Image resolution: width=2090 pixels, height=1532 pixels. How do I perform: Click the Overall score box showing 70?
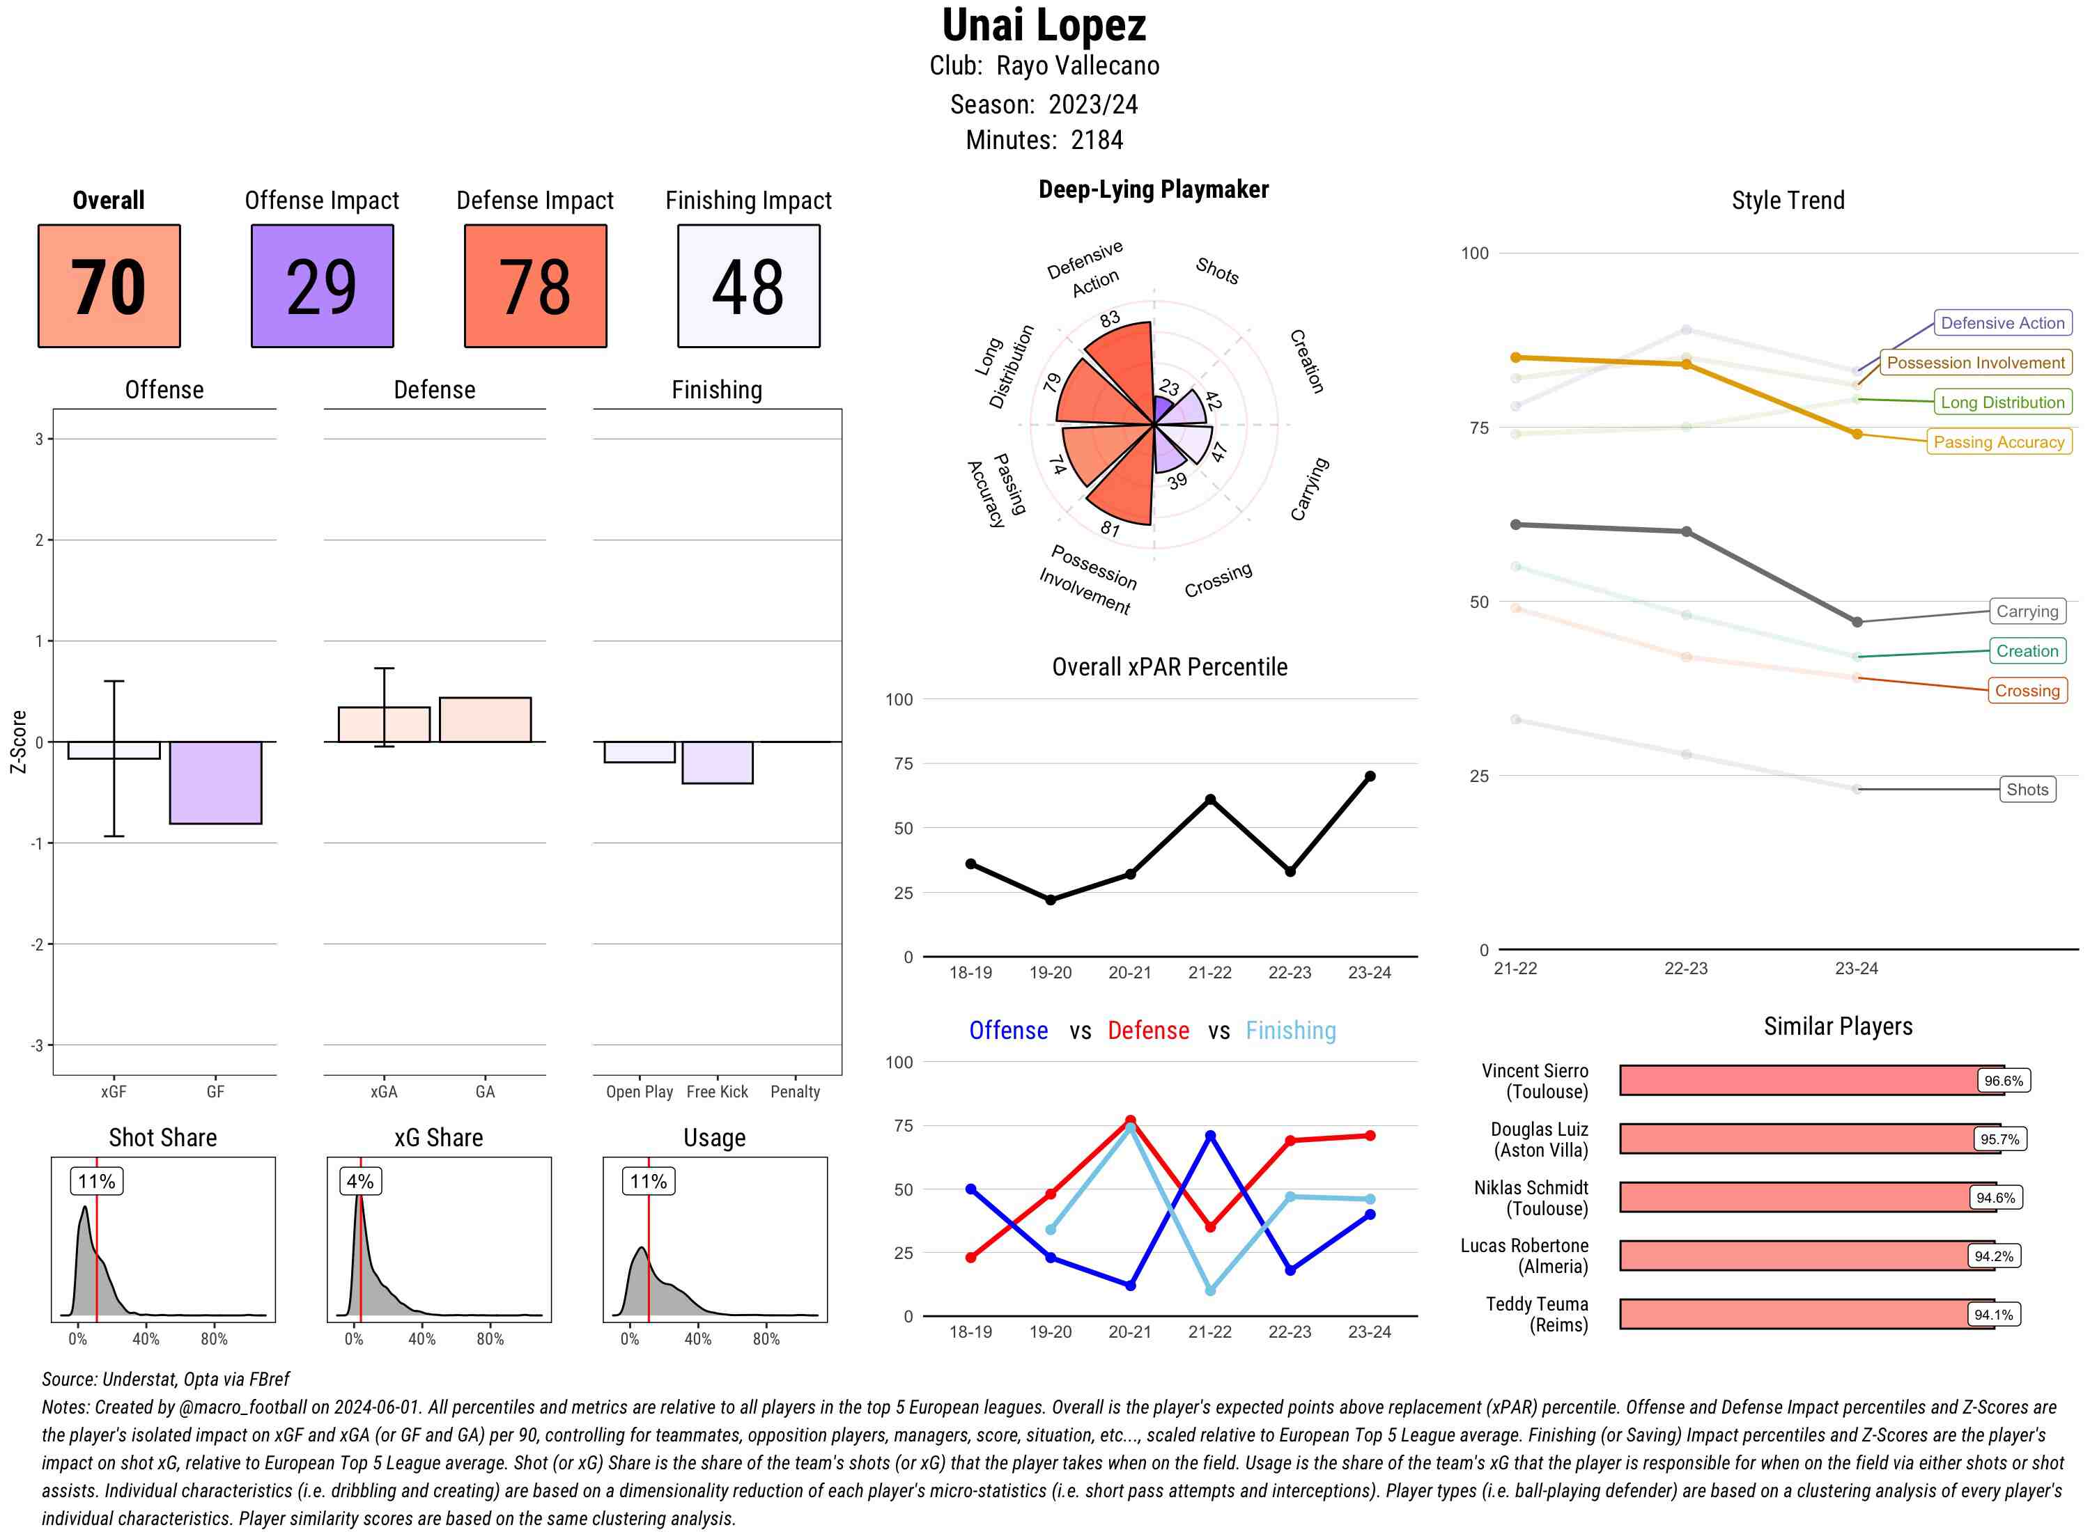tap(109, 286)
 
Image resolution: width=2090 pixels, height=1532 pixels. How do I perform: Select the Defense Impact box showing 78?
tap(535, 286)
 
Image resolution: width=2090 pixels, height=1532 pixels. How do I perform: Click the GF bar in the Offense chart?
tap(215, 782)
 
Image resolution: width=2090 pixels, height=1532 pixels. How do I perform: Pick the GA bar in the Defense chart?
tap(485, 719)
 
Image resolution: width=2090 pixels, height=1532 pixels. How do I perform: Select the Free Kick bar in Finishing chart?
tap(717, 763)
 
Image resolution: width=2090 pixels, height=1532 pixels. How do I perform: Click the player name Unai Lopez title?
tap(1044, 25)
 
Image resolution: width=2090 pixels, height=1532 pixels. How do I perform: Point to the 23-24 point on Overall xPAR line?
tap(1369, 776)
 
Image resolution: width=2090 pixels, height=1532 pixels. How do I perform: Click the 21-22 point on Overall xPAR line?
tap(1209, 799)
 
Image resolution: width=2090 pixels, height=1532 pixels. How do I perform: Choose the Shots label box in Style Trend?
tap(2026, 789)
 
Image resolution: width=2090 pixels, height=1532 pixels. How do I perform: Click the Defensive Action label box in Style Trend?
tap(2002, 322)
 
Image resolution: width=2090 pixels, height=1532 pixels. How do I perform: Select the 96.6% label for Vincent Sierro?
tap(2003, 1080)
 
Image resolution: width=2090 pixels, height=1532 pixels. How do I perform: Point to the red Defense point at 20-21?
tap(1130, 1120)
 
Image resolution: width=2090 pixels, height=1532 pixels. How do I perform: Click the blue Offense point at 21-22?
tap(1209, 1135)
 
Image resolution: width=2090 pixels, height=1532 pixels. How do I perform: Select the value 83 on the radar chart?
tap(1110, 320)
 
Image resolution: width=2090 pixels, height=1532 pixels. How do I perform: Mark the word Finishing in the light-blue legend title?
tap(1290, 1031)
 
